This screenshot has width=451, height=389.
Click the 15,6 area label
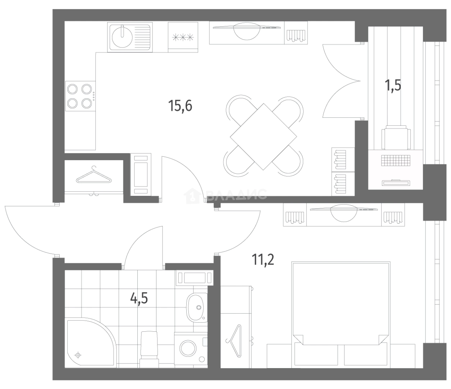(180, 106)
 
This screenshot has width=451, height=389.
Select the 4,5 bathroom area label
(139, 298)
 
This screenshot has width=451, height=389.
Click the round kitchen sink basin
(122, 37)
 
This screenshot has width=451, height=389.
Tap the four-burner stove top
(80, 96)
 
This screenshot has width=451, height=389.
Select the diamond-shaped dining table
(263, 137)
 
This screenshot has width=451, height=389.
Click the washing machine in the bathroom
(191, 348)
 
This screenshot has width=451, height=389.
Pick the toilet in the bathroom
(149, 349)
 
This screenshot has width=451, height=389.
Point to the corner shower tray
(92, 343)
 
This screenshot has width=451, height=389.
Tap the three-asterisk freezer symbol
(183, 37)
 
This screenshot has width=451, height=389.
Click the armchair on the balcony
(396, 137)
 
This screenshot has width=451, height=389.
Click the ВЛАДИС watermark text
(236, 194)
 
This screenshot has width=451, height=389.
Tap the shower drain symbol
(78, 355)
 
